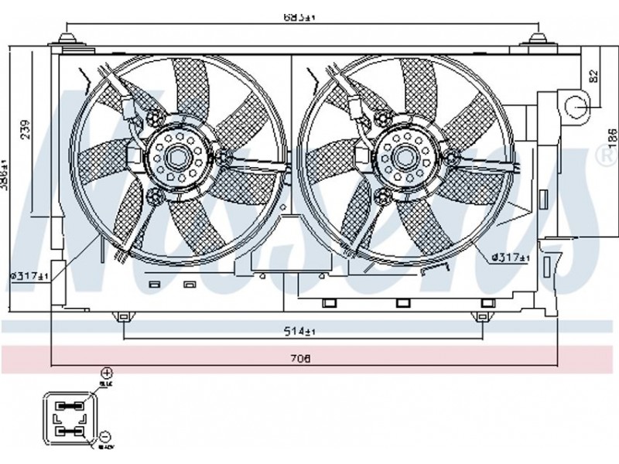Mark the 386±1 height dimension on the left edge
coord(5,173)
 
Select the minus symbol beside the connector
coord(105,437)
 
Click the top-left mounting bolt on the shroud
coord(70,39)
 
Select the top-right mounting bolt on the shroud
coord(536,39)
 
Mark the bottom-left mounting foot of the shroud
coord(123,316)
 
